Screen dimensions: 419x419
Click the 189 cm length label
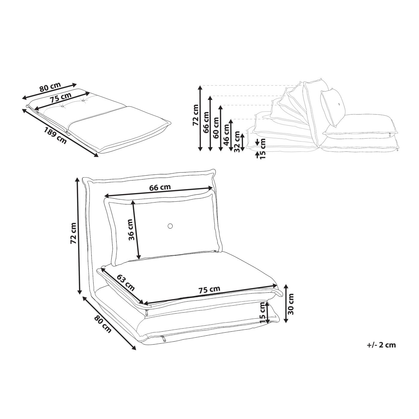point(55,135)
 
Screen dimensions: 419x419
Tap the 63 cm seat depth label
point(126,283)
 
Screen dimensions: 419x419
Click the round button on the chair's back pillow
point(170,226)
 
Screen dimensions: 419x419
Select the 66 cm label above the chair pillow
point(160,187)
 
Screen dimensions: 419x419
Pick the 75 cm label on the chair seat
point(209,290)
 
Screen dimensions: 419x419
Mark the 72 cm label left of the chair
point(74,233)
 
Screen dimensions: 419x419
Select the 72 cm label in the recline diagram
point(195,115)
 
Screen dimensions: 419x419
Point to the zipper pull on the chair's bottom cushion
point(162,338)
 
